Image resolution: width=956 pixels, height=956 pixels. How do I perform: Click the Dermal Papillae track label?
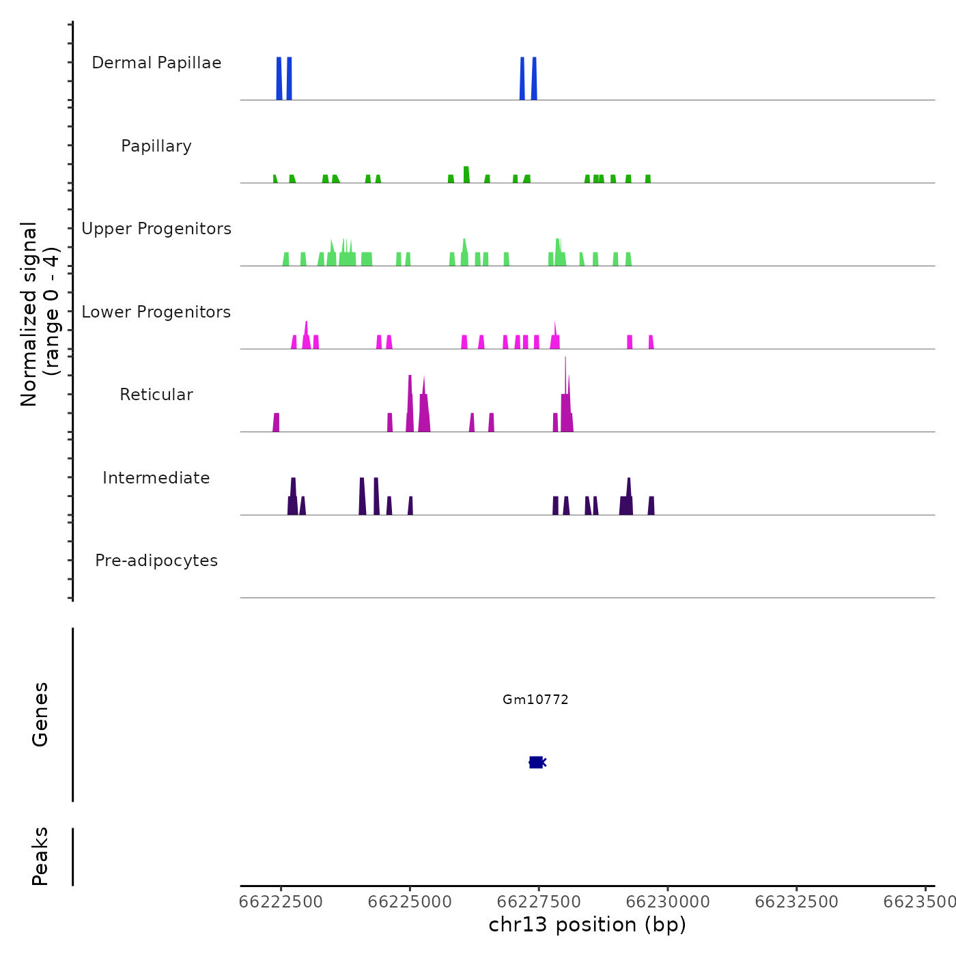[156, 63]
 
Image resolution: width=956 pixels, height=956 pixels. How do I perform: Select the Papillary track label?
[156, 146]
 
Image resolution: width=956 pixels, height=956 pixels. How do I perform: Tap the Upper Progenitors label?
[156, 229]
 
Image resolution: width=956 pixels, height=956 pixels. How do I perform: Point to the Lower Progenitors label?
[156, 312]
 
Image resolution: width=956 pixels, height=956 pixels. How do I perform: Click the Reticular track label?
[156, 395]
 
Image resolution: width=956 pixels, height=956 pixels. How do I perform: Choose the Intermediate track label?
[156, 478]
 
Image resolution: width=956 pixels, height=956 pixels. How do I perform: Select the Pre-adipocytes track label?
[156, 561]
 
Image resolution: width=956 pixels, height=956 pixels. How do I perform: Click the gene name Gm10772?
[535, 699]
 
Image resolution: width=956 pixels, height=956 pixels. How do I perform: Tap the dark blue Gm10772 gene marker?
[536, 762]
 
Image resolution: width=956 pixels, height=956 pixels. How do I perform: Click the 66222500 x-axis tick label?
[281, 902]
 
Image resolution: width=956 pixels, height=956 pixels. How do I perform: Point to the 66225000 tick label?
[410, 902]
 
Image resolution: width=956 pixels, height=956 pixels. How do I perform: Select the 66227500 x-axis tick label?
[539, 902]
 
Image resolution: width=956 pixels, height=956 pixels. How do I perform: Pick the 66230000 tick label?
[668, 902]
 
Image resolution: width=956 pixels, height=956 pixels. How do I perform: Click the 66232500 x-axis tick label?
[796, 902]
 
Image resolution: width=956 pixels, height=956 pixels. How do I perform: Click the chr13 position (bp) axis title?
[587, 925]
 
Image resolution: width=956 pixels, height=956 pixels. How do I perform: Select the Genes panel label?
[40, 714]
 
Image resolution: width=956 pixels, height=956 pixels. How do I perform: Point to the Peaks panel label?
[40, 856]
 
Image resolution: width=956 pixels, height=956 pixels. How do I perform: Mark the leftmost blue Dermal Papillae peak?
[279, 79]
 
